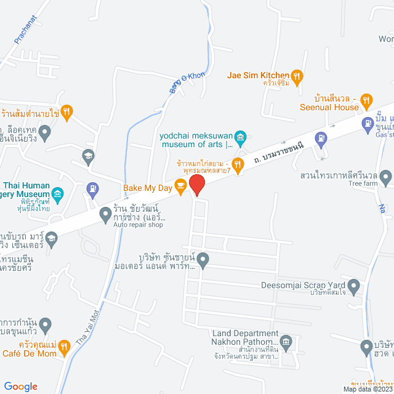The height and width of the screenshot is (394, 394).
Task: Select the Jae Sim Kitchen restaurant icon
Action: (297, 76)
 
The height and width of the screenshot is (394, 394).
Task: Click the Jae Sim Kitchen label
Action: (258, 76)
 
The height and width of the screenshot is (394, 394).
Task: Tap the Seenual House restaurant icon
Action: (367, 99)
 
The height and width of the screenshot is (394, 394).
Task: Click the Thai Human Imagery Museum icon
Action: (58, 195)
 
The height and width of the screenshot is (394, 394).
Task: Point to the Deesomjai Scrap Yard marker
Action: (354, 285)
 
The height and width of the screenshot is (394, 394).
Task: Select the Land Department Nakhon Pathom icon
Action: (286, 342)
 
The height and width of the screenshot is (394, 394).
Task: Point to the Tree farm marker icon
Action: (386, 179)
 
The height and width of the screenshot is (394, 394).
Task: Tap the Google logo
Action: (21, 386)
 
